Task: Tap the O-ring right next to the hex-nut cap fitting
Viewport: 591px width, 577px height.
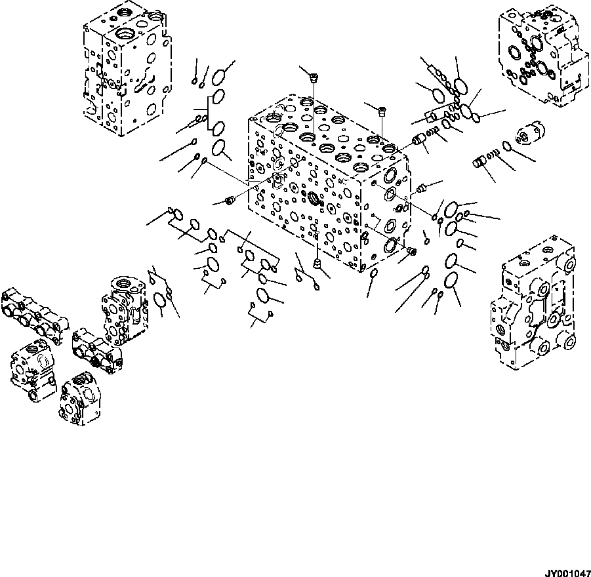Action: [x=507, y=146]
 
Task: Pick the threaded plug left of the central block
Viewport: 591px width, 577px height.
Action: [x=230, y=200]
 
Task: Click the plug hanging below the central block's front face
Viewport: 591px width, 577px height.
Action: [x=318, y=264]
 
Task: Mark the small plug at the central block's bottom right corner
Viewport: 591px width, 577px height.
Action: [x=411, y=250]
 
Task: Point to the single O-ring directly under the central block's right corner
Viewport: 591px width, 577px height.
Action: [x=373, y=273]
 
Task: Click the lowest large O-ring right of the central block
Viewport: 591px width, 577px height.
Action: [x=451, y=281]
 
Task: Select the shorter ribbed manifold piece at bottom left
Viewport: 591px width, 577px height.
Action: [x=97, y=345]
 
